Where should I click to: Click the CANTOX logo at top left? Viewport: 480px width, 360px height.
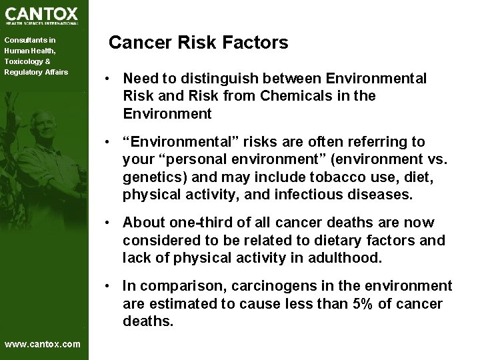click(41, 15)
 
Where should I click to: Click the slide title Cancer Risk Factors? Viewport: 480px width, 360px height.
click(198, 43)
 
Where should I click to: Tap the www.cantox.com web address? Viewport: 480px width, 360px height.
click(42, 344)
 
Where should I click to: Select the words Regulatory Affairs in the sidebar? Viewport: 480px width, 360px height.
click(36, 71)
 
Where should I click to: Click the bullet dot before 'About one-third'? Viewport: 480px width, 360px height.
click(107, 223)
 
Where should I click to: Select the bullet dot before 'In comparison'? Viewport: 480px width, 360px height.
click(107, 286)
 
